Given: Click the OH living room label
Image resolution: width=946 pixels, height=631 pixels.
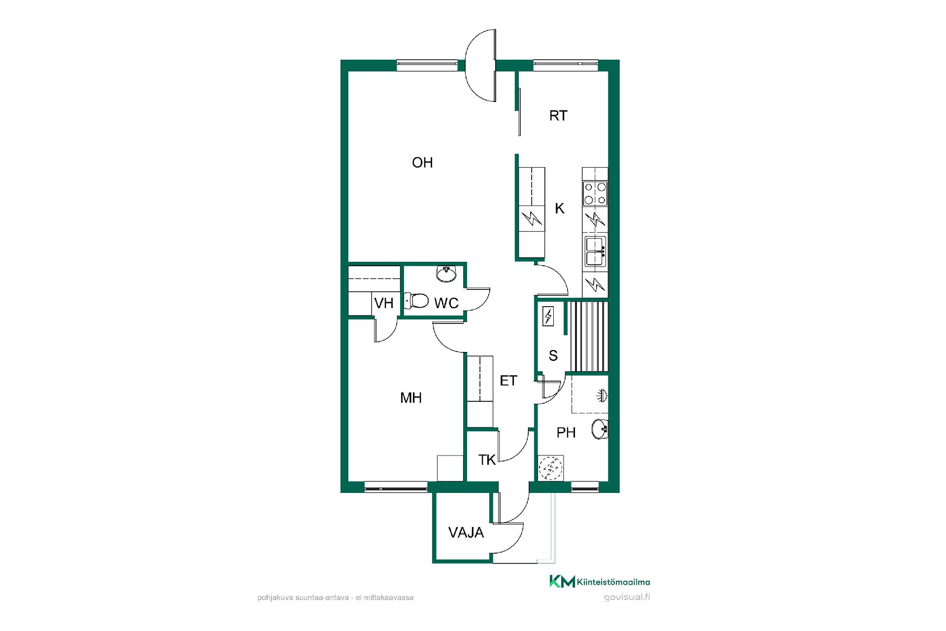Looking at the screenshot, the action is point(422,162).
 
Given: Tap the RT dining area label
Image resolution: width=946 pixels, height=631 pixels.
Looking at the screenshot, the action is point(558,115).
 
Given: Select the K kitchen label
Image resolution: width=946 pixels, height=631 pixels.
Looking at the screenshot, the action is point(560,209).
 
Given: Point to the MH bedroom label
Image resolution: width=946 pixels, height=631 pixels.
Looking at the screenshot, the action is point(411,398).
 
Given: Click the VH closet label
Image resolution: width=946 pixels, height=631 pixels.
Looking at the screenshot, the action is point(384,303).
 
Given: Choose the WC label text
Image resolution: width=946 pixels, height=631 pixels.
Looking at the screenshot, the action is point(446,303).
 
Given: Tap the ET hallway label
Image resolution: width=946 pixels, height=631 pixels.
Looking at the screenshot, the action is point(508,381).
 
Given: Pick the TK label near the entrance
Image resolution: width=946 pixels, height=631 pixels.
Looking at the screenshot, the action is point(487,460).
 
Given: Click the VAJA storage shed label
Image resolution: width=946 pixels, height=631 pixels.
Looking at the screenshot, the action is point(466,532).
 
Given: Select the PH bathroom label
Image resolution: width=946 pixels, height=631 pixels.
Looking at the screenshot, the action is point(566,432).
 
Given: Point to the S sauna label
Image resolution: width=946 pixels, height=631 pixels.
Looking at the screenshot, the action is point(553,355).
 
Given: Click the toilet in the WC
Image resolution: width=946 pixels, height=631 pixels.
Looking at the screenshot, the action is point(417,300).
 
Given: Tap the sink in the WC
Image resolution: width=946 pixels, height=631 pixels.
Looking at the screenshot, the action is point(446,274).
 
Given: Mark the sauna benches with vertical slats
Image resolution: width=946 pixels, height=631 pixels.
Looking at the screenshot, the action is point(588,336).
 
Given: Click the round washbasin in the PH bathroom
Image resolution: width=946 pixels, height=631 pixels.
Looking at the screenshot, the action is point(600,429).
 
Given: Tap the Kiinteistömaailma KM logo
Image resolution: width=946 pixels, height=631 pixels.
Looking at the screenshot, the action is point(600,582).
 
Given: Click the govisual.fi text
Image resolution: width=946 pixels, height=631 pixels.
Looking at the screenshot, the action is point(627,597).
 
